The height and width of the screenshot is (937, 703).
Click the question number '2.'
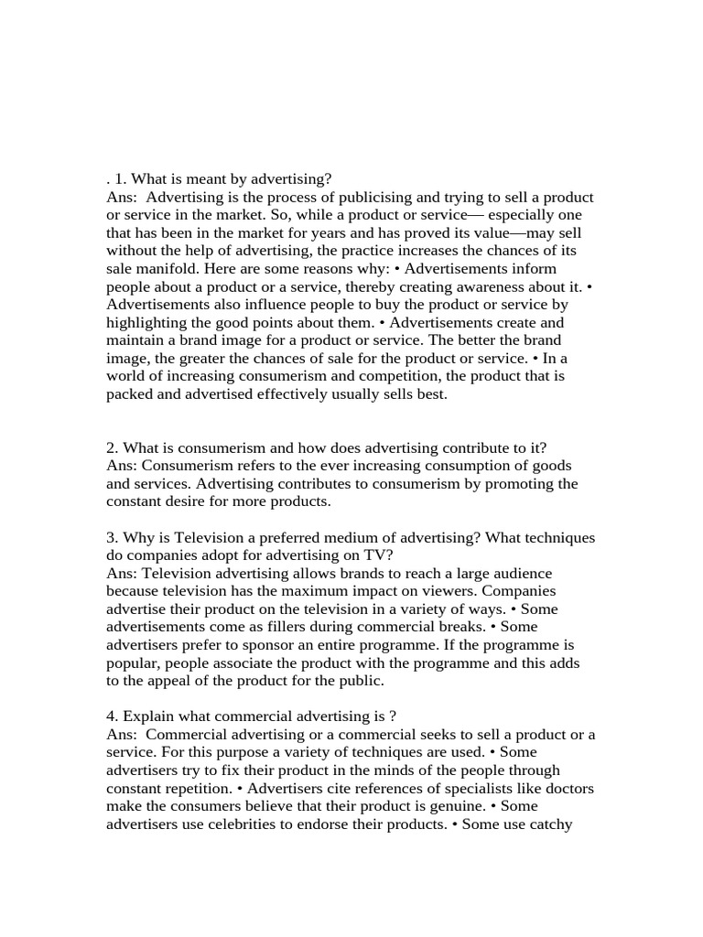[x=113, y=447]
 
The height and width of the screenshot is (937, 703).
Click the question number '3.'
[x=113, y=537]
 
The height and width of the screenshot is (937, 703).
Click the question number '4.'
[x=113, y=716]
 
